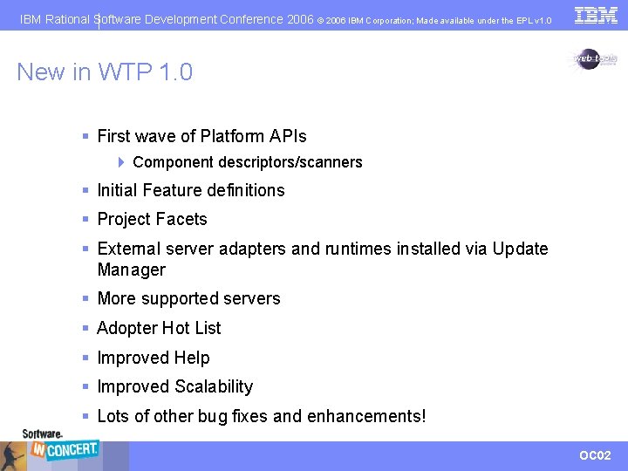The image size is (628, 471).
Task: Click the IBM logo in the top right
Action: click(x=596, y=15)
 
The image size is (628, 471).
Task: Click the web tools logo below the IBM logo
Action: click(x=594, y=58)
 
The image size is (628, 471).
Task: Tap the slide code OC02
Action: click(x=595, y=455)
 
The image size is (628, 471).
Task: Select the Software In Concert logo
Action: click(x=60, y=447)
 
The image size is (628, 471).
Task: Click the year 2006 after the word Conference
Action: click(x=300, y=18)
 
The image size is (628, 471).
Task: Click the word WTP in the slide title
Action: click(x=126, y=72)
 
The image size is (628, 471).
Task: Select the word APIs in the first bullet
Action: click(x=286, y=136)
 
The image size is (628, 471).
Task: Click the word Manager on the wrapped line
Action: click(x=131, y=270)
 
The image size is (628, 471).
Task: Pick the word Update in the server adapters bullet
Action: click(x=520, y=249)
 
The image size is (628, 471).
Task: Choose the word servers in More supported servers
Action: click(x=249, y=298)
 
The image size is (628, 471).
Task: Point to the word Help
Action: click(x=192, y=358)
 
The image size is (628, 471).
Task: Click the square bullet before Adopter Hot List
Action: click(x=85, y=329)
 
